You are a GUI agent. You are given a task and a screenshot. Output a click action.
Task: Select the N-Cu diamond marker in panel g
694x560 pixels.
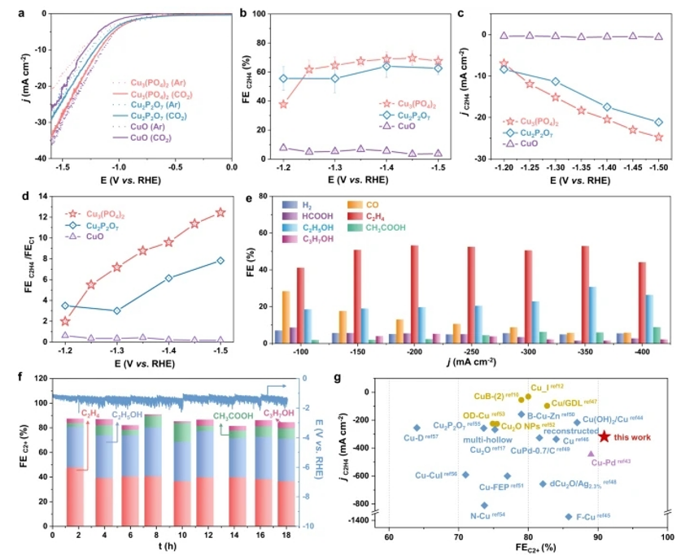point(485,505)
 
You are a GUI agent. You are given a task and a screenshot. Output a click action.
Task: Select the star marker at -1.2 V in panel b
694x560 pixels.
point(283,104)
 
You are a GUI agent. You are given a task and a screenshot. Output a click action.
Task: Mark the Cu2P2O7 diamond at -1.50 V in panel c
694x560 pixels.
point(658,122)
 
